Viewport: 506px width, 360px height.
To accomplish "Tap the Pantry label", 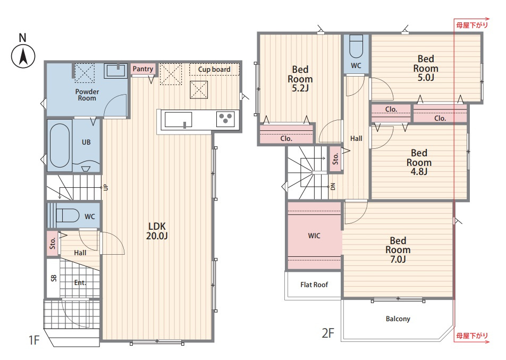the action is [142, 69].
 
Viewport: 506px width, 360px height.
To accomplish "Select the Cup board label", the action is [214, 70].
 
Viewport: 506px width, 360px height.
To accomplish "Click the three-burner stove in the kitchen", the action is [225, 119].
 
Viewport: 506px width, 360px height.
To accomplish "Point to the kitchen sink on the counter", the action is [178, 120].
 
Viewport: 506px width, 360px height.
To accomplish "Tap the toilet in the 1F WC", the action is [68, 215].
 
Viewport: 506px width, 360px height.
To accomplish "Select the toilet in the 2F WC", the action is [356, 46].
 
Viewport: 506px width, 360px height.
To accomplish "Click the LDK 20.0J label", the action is [157, 231].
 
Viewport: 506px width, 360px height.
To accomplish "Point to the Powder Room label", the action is [87, 95].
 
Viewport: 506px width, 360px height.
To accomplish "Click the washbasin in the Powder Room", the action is [115, 70].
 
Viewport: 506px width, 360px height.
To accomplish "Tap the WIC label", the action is [314, 236].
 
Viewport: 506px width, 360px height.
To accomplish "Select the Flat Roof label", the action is [314, 285].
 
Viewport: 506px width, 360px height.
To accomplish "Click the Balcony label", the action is [398, 319].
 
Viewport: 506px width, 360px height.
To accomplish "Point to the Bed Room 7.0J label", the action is [398, 250].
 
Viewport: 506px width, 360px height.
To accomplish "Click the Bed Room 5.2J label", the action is [300, 79].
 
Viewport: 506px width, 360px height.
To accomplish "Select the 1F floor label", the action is [34, 340].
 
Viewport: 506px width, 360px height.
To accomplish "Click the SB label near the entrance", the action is [54, 278].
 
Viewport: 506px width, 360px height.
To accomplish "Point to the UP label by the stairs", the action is [106, 187].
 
